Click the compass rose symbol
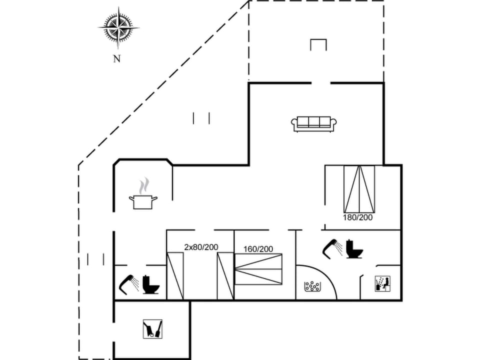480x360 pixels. pyautogui.click(x=118, y=27)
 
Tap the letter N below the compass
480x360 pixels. pyautogui.click(x=116, y=59)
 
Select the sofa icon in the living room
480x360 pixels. pyautogui.click(x=314, y=123)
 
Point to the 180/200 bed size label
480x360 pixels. pyautogui.click(x=357, y=217)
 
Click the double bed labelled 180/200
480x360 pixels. pyautogui.click(x=359, y=188)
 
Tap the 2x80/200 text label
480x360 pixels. pyautogui.click(x=201, y=247)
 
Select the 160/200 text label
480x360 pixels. pyautogui.click(x=258, y=249)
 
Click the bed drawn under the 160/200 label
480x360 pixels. pyautogui.click(x=258, y=269)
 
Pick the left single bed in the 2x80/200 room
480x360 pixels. pyautogui.click(x=175, y=276)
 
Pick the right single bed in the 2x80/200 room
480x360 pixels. pyautogui.click(x=225, y=276)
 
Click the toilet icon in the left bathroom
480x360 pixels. pyautogui.click(x=150, y=284)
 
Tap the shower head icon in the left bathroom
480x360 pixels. pyautogui.click(x=129, y=283)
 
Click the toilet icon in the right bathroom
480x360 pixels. pyautogui.click(x=354, y=249)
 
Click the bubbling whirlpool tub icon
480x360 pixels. pyautogui.click(x=312, y=286)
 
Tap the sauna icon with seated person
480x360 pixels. pyautogui.click(x=382, y=284)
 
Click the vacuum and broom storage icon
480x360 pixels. pyautogui.click(x=152, y=328)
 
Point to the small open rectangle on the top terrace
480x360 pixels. pyautogui.click(x=318, y=45)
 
